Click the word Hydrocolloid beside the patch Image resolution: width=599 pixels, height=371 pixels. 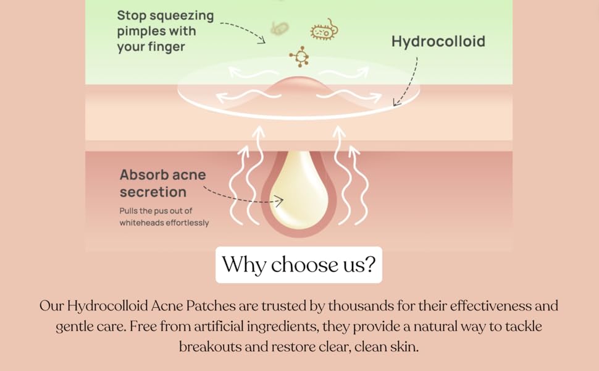point(438,41)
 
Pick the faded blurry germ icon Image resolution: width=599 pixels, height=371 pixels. point(280,28)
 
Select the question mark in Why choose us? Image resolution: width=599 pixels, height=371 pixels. point(369,265)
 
